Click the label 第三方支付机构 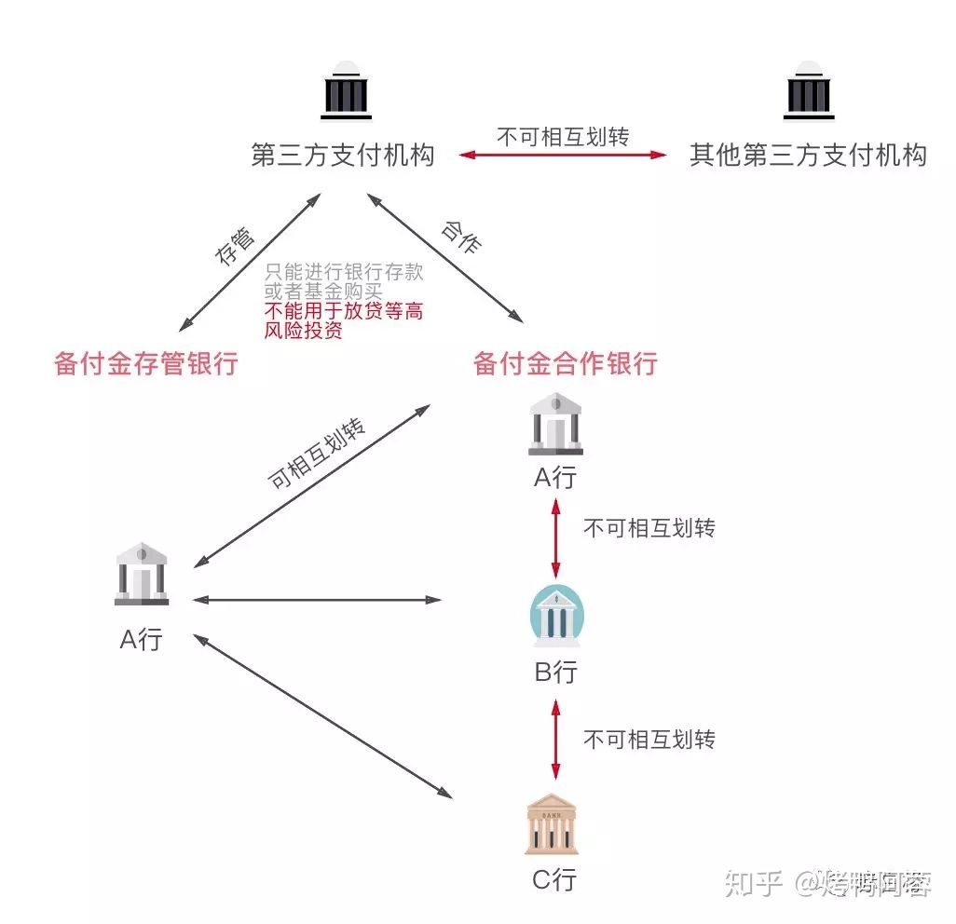tap(343, 155)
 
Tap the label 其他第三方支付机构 tap(808, 155)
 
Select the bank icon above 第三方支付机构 tap(346, 91)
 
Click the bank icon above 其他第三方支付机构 tap(809, 91)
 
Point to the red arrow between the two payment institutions tap(564, 155)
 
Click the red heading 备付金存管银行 tap(146, 363)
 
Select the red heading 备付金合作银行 tap(566, 363)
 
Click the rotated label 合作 tap(461, 238)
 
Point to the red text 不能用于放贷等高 tap(344, 311)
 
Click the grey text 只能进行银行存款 tap(344, 272)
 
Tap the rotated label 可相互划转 tap(316, 455)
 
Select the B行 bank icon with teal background tap(556, 616)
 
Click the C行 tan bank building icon tap(552, 824)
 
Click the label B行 tap(556, 672)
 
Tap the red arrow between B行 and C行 tap(556, 741)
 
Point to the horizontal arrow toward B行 tap(317, 600)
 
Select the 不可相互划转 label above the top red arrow tap(564, 137)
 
